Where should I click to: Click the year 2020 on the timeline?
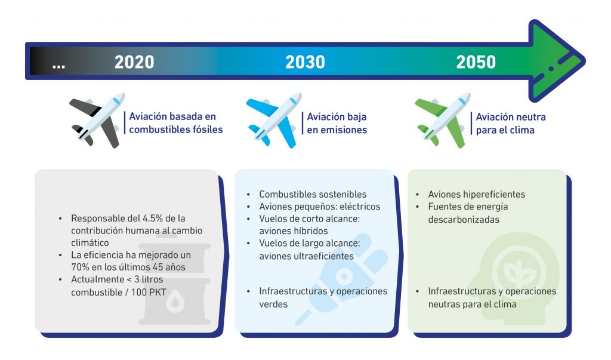click(134, 62)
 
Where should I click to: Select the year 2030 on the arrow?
click(305, 62)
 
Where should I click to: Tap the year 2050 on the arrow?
click(476, 62)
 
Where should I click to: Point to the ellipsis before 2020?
click(59, 67)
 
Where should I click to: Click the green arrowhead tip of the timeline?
click(584, 61)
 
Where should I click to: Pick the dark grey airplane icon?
click(97, 120)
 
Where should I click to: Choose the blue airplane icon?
click(274, 120)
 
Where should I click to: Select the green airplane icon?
click(443, 120)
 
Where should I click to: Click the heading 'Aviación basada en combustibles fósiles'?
click(176, 123)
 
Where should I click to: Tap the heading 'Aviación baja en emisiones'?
click(337, 123)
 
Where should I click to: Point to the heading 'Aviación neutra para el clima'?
click(511, 123)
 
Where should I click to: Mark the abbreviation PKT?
click(158, 292)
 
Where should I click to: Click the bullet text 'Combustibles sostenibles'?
click(313, 194)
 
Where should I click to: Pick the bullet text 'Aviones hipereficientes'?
click(477, 194)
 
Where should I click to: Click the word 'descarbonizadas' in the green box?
click(464, 220)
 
